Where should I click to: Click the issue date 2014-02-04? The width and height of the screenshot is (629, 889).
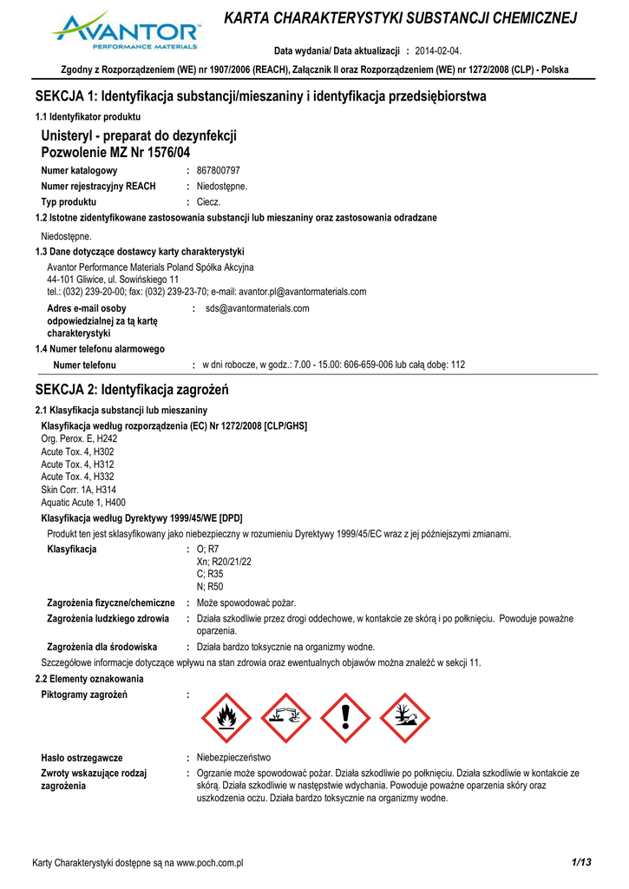439,51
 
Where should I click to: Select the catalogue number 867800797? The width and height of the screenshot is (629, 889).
219,171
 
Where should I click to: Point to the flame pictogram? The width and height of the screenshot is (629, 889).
226,717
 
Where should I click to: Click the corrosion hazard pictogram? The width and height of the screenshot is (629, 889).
285,717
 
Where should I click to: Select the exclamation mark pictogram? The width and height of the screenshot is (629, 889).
345,717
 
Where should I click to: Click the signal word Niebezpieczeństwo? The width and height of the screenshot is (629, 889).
234,758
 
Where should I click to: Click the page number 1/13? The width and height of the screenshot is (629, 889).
581,861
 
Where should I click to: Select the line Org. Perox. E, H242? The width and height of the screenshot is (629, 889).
79,439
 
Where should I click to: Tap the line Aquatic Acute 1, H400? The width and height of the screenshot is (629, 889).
83,503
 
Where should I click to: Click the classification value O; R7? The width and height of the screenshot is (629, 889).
208,549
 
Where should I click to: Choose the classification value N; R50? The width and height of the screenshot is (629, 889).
210,587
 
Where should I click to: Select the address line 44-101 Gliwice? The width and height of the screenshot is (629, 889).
113,280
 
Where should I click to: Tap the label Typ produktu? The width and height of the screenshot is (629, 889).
69,201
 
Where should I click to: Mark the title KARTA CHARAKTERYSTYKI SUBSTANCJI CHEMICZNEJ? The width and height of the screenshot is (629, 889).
400,18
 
